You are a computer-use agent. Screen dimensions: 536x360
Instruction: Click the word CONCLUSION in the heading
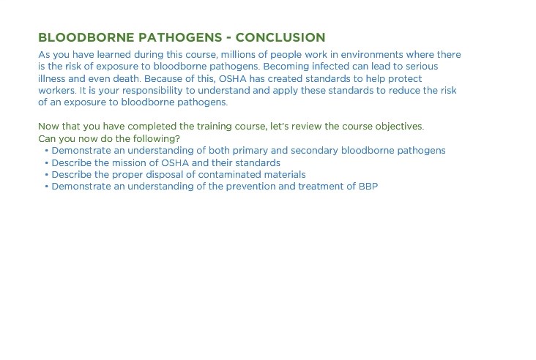(280, 37)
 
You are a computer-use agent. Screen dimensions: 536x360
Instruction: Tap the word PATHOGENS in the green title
(180, 37)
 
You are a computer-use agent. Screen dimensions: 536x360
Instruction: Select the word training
(213, 127)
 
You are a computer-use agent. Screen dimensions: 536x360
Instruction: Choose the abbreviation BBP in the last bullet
(368, 187)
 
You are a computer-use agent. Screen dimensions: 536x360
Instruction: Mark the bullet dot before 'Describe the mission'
(46, 163)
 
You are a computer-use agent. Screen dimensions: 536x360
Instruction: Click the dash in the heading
(228, 38)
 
